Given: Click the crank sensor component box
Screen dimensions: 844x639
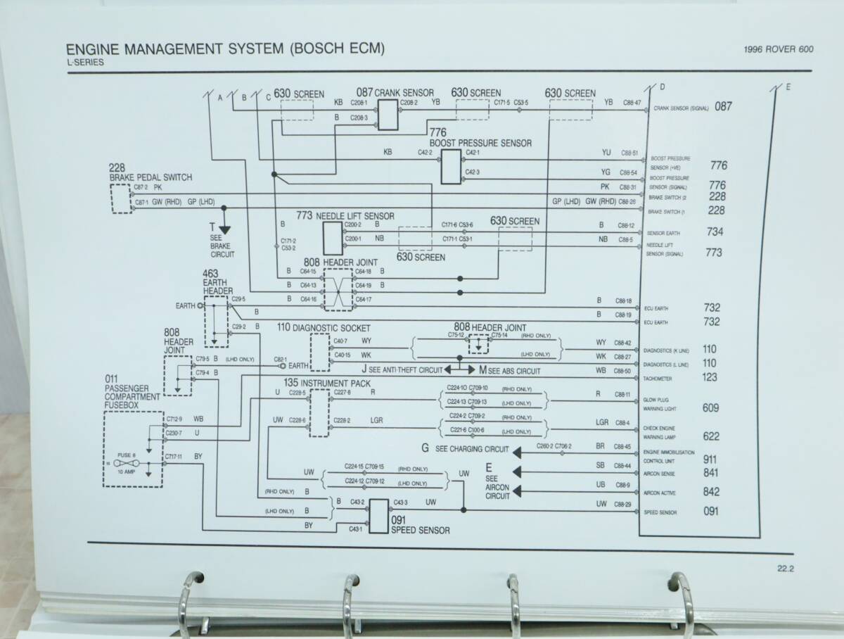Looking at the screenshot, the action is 388,113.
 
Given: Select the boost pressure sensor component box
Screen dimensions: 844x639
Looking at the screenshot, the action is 451,166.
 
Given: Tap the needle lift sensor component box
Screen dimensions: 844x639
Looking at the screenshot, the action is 333,238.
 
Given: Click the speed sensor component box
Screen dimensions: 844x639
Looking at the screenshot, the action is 379,512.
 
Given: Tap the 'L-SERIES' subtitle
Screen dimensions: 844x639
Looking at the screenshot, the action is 84,62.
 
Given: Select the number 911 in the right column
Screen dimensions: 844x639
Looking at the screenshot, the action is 711,460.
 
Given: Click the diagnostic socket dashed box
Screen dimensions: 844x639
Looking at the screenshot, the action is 320,353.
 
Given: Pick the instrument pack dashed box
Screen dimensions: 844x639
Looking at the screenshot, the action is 319,412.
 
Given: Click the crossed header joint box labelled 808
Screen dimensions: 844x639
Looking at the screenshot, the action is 337,289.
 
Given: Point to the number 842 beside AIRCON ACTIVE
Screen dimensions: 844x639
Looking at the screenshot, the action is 711,492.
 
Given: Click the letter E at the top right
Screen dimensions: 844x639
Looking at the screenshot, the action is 788,88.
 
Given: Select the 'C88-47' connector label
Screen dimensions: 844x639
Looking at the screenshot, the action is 632,103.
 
